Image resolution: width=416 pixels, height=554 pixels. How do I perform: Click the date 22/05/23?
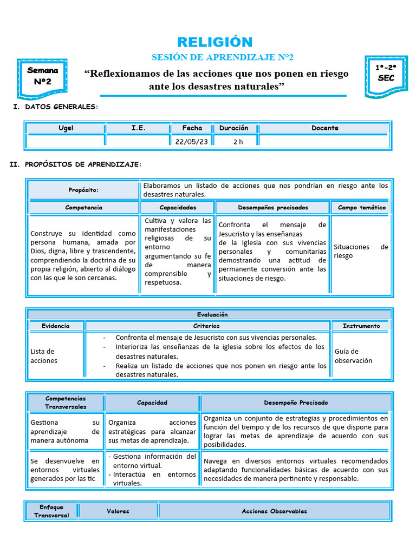191,141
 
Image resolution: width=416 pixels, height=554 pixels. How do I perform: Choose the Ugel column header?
66,128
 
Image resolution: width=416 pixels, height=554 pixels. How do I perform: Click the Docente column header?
324,128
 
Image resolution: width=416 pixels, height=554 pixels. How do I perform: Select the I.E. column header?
138,128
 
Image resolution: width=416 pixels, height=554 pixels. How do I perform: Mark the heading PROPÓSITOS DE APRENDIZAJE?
83,164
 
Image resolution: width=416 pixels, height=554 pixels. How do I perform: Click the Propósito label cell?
83,190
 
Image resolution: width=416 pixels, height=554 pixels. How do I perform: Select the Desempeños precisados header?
272,207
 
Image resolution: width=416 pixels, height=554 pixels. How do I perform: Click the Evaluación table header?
212,314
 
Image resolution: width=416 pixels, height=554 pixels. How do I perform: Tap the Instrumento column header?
361,326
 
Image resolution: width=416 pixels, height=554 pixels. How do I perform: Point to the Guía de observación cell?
353,356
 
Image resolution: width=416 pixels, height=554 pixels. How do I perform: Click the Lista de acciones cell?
44,356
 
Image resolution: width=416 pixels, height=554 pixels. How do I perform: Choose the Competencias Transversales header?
66,403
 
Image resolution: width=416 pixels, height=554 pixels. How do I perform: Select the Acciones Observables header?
274,511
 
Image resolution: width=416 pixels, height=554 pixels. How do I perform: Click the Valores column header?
118,511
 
